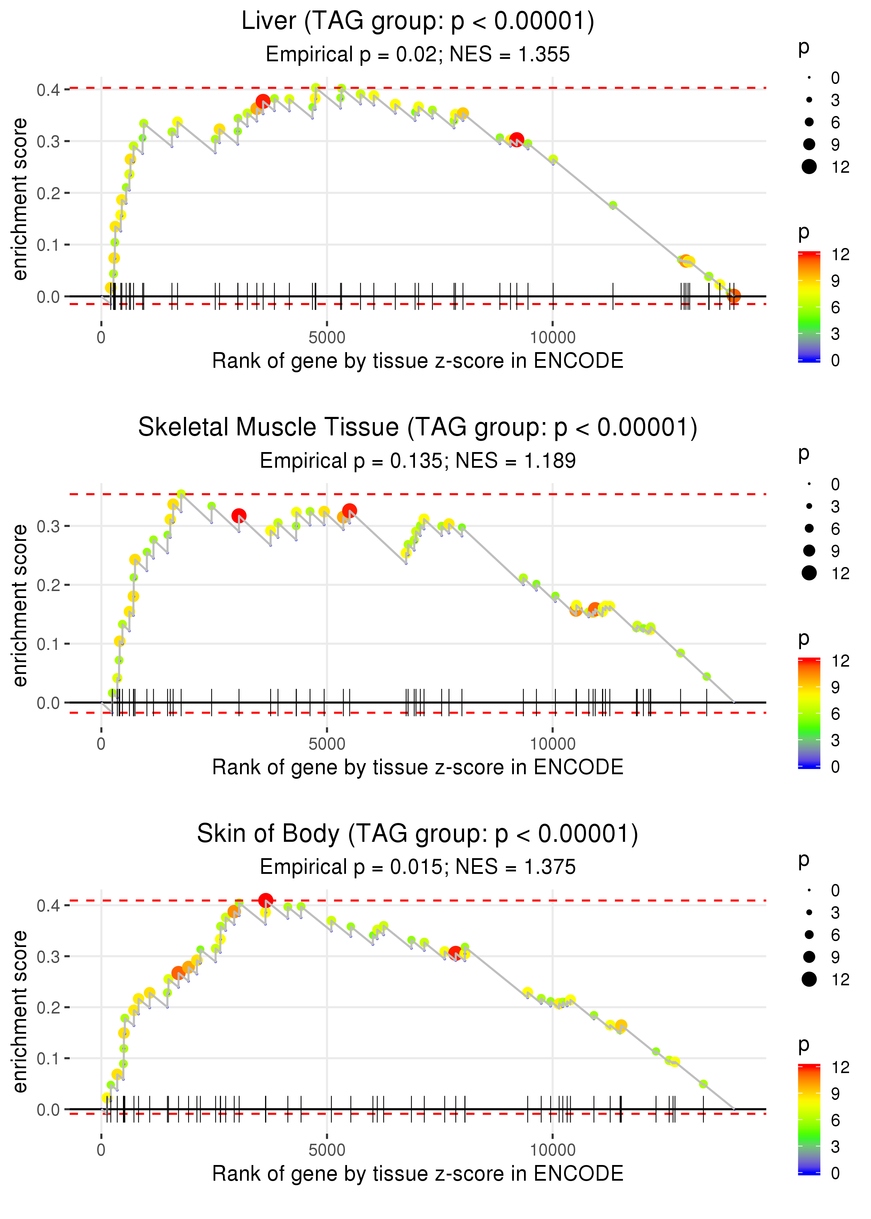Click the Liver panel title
click(x=417, y=22)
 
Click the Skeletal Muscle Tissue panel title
click(x=417, y=428)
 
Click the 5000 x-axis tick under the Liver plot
click(x=327, y=338)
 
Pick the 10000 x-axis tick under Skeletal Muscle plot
click(x=553, y=744)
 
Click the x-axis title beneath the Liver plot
click(x=417, y=361)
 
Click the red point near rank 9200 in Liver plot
click(x=516, y=140)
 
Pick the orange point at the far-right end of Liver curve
click(x=734, y=295)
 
